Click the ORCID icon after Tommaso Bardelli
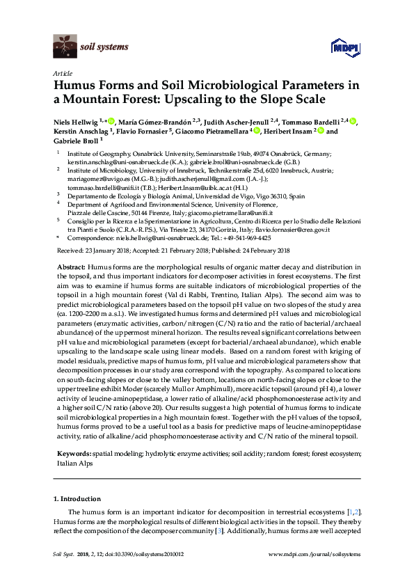point(353,120)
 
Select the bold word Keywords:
point(74,454)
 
